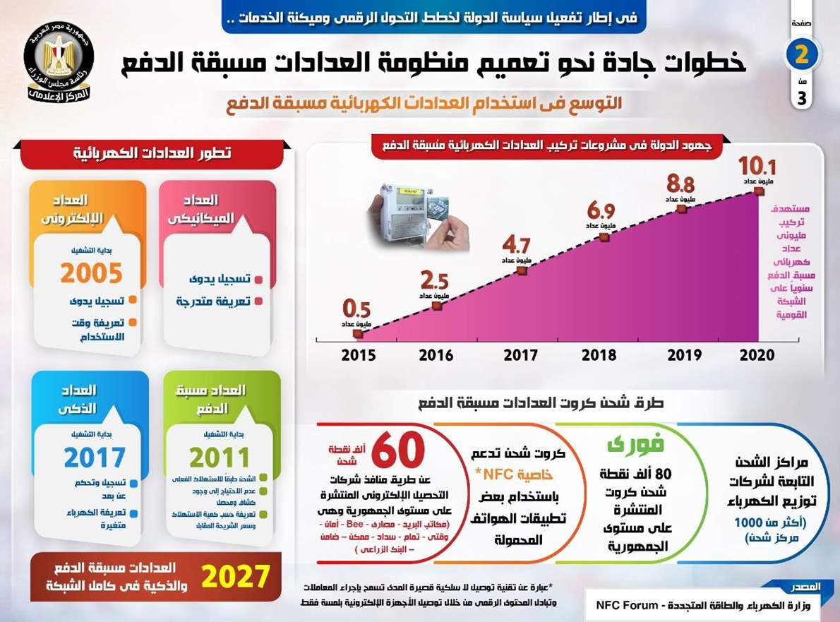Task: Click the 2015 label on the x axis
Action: [359, 355]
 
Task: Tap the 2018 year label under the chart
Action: [599, 355]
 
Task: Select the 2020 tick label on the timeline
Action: [757, 355]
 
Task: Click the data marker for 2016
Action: [437, 306]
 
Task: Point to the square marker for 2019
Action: [681, 209]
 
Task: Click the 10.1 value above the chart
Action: [757, 167]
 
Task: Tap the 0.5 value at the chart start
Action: [356, 309]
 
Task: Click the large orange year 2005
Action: [91, 273]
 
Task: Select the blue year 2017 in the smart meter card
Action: [94, 457]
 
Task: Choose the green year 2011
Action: [220, 457]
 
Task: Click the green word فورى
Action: [625, 445]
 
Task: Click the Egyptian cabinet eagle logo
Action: [59, 61]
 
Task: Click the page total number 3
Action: [801, 99]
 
